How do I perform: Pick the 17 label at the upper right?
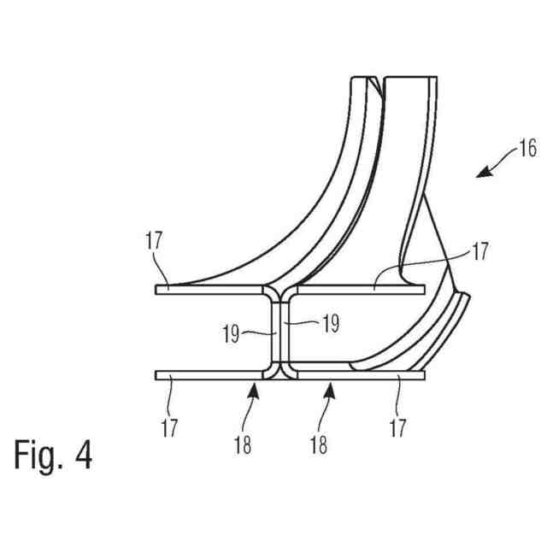click(481, 252)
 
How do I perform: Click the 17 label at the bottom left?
click(169, 426)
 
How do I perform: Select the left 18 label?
click(243, 445)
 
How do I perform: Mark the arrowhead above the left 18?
click(253, 390)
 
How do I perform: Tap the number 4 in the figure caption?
click(83, 455)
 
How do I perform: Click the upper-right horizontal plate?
click(359, 290)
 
